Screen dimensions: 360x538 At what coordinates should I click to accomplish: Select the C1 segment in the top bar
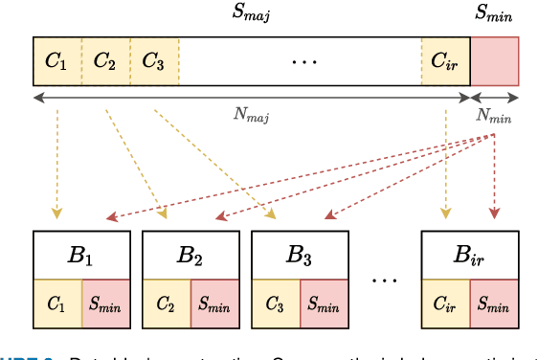[x=57, y=62]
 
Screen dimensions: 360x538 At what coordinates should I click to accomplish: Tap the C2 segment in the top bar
[x=105, y=62]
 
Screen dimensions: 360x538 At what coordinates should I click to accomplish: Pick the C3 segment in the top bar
[x=153, y=62]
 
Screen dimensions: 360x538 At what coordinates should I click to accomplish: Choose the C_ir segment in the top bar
[x=446, y=62]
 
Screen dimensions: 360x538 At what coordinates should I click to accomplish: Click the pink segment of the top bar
[x=495, y=62]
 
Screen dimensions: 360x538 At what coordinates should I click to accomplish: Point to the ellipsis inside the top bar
[x=303, y=63]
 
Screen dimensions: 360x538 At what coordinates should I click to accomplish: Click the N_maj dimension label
[x=252, y=117]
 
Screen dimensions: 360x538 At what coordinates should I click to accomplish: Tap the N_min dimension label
[x=494, y=117]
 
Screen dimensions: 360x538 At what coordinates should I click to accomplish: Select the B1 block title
[x=81, y=255]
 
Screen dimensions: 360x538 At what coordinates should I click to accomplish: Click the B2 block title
[x=191, y=255]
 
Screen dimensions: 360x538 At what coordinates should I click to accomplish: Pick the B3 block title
[x=300, y=255]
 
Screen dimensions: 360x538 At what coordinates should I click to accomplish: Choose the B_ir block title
[x=471, y=255]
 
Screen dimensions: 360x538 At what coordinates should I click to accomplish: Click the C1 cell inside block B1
[x=57, y=304]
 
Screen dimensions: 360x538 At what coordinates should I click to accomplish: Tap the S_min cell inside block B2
[x=215, y=304]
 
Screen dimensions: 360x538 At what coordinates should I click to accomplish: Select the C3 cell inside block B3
[x=276, y=304]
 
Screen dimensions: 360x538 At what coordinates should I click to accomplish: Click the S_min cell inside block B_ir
[x=495, y=304]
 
